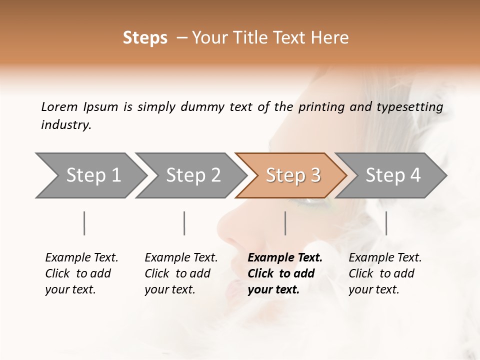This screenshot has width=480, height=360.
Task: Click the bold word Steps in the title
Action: pos(145,38)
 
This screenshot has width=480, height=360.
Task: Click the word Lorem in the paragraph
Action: pos(59,106)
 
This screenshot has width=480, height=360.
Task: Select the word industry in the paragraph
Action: pos(66,124)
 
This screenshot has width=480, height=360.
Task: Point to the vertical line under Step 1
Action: pos(84,223)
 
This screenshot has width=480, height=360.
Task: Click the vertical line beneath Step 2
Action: pos(184,223)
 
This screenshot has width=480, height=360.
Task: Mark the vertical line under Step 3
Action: pos(285,223)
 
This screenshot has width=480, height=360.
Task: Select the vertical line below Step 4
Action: pos(386,223)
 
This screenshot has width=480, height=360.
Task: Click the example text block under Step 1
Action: pos(81,273)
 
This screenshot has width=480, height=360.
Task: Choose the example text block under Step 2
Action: pos(180,273)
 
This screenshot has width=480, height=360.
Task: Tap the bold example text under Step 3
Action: pos(285,273)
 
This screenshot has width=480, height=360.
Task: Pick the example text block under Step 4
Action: pos(384,273)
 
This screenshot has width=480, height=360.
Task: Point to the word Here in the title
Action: pos(332,38)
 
